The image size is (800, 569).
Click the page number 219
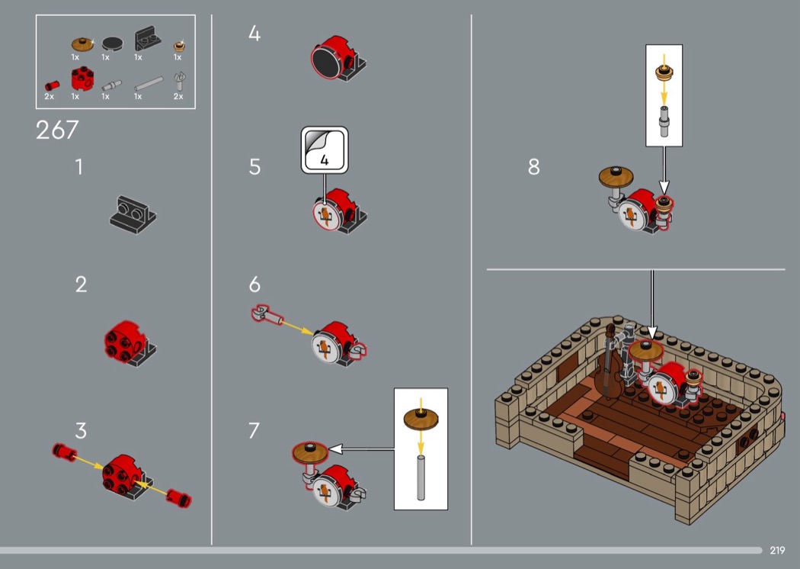click(777, 550)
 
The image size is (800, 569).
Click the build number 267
click(57, 130)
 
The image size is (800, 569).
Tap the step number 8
click(533, 167)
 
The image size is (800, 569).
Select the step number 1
click(79, 167)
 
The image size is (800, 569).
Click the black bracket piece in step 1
click(133, 214)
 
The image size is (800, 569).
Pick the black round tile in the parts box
click(112, 43)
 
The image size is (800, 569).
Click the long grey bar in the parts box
click(149, 83)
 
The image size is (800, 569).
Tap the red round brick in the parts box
click(82, 79)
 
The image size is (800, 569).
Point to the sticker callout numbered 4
click(325, 150)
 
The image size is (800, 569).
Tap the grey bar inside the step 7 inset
click(421, 477)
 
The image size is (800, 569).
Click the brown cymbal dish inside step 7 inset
click(421, 419)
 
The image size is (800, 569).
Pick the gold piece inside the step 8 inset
click(664, 72)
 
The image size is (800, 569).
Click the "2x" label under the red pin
click(49, 97)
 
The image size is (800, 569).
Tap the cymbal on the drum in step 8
click(616, 177)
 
